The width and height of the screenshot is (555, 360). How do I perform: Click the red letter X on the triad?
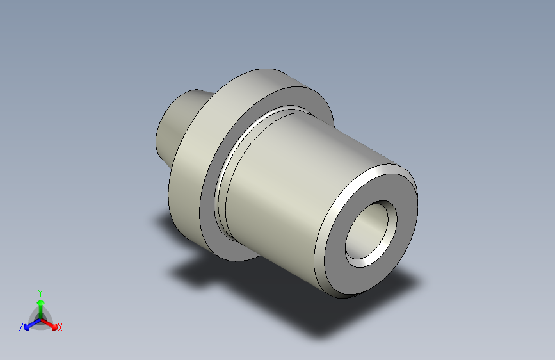60,328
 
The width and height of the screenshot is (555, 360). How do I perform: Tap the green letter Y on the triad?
40,291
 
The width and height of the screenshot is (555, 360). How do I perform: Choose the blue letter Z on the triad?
21,327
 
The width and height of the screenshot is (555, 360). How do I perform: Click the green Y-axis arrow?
40,304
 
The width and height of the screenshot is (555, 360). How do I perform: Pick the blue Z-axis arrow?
29,324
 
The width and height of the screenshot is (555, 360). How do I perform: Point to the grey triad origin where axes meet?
40,318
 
